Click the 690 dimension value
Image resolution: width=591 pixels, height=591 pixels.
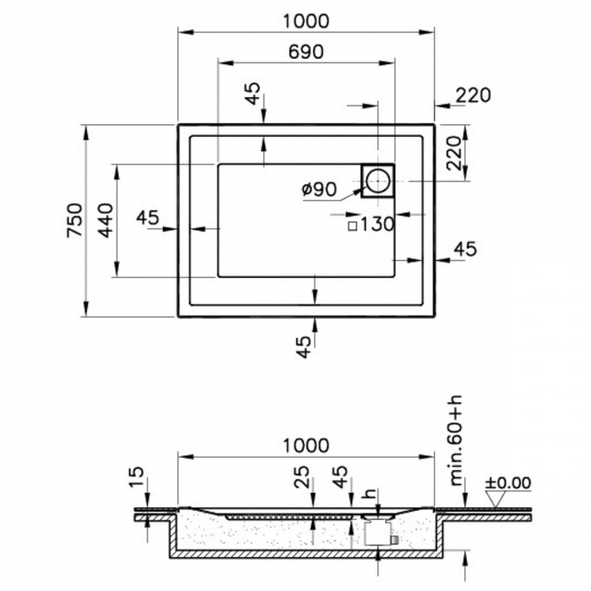306,52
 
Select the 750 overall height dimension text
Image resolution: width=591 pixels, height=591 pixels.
74,220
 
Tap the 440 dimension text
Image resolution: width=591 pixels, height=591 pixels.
105,220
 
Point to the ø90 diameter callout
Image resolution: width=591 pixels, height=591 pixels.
318,190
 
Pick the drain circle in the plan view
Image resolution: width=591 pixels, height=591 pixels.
377,180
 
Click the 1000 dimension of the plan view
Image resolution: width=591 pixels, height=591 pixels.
306,21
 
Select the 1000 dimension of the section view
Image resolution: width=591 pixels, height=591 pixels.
306,445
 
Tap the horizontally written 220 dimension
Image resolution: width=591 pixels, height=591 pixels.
473,95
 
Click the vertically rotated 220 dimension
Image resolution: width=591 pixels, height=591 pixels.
455,153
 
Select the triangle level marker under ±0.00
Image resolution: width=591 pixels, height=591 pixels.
497,499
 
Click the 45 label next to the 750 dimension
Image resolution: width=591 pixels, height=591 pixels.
148,218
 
